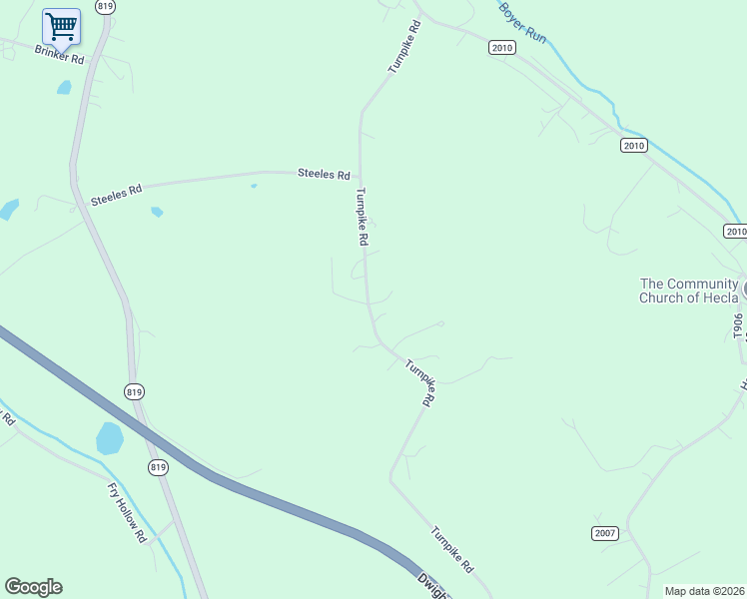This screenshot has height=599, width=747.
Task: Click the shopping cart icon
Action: (x=61, y=27)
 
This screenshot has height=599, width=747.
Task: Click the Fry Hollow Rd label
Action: (x=127, y=512)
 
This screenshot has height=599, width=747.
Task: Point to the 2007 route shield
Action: (x=604, y=533)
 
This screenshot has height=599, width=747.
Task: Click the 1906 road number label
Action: (x=739, y=325)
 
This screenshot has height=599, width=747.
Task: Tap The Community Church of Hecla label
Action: (x=689, y=291)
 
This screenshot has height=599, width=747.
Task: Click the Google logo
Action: (x=33, y=587)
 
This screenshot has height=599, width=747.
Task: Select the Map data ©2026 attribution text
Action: (x=705, y=591)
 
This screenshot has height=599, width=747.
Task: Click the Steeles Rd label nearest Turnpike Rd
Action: (x=324, y=174)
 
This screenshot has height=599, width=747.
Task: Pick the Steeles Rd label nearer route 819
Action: (x=116, y=194)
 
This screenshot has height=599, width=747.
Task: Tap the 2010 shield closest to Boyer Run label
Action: (x=501, y=47)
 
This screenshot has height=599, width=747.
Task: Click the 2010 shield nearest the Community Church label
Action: (x=735, y=232)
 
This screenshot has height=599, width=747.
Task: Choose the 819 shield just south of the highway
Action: (x=157, y=467)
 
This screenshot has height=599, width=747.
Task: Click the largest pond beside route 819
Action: (x=110, y=437)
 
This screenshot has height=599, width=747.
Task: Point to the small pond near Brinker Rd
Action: (x=65, y=88)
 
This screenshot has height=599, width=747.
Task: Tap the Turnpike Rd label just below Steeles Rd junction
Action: (x=362, y=218)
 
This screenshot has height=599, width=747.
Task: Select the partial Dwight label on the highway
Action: (x=432, y=586)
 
